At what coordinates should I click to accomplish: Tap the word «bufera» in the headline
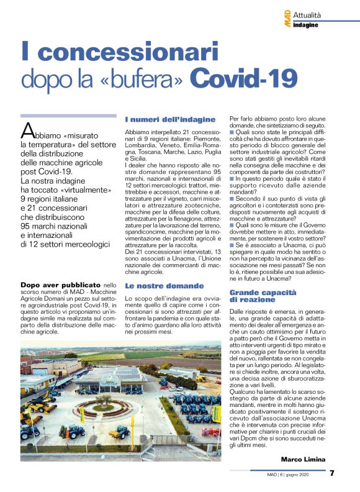coord(145,80)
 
